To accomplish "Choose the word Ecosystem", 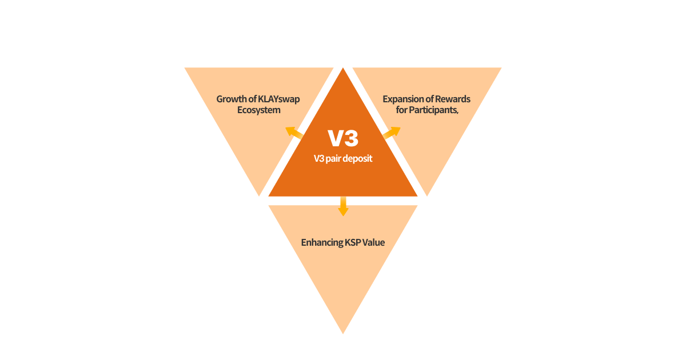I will (258, 110).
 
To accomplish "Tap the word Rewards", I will (453, 99).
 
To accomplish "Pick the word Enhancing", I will (322, 242).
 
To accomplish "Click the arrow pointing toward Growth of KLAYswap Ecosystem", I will (293, 133).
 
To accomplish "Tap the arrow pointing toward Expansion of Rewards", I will (392, 133).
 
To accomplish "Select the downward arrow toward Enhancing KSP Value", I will (343, 206).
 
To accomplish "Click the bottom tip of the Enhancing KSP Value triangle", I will (343, 331).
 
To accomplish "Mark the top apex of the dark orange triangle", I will (343, 70).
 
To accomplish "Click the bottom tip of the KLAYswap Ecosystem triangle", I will (259, 194).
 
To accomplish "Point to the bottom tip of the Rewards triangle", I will (427, 194).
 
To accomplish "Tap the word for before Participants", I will (401, 110).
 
